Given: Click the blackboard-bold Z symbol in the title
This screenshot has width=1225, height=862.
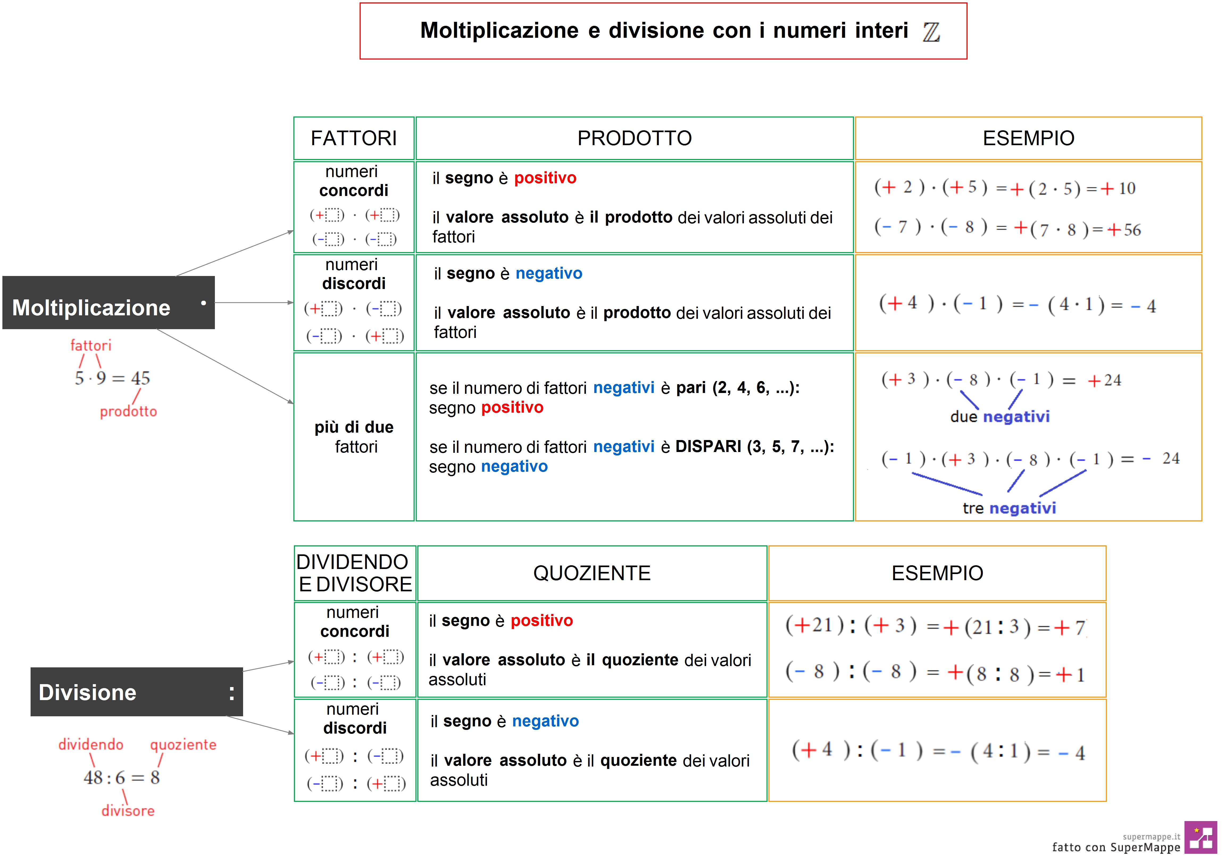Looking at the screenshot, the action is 931,32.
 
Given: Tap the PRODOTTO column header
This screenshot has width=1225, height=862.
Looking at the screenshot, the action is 634,138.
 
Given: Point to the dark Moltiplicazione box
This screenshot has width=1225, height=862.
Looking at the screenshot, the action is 108,303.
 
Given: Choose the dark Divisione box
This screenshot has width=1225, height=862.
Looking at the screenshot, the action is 137,692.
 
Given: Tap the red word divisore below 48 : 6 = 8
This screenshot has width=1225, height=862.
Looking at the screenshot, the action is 128,811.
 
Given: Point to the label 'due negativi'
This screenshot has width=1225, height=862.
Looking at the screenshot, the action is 999,417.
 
